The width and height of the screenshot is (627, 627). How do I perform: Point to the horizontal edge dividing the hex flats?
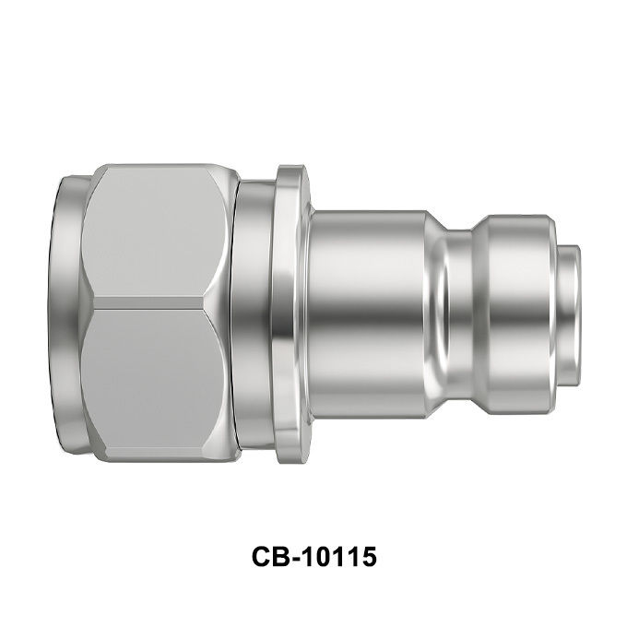(148, 302)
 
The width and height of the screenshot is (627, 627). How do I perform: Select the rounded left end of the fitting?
(69, 313)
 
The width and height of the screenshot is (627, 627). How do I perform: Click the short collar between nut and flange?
(254, 313)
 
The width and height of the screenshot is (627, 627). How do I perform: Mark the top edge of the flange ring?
(290, 167)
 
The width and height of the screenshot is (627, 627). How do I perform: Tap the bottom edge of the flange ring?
(290, 460)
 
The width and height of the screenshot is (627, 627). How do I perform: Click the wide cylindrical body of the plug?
(366, 314)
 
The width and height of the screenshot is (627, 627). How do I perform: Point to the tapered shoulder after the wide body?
(436, 314)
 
